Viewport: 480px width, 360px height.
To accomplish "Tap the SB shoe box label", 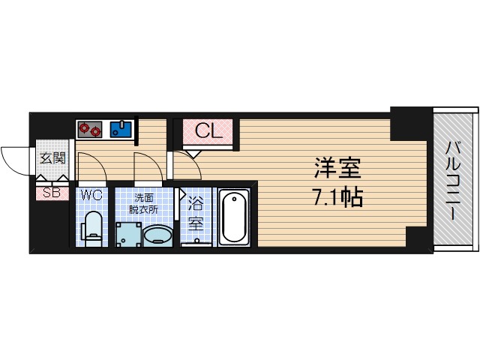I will click(51, 193).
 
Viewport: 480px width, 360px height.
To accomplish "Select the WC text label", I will click(91, 195).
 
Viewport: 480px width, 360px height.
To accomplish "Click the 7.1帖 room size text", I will click(337, 197).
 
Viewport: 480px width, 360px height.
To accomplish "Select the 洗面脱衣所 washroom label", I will click(144, 205).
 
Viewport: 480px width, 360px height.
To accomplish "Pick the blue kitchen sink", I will click(121, 129).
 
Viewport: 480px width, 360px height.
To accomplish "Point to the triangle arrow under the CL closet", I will click(191, 153).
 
